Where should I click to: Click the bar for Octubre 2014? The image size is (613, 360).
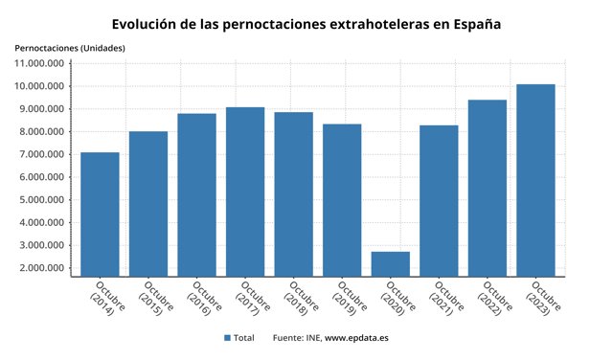pyautogui.click(x=100, y=214)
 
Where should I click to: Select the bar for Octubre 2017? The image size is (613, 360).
pyautogui.click(x=245, y=191)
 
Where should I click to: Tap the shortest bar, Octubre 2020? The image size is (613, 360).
pyautogui.click(x=390, y=263)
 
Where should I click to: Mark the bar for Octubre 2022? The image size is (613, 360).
pyautogui.click(x=487, y=188)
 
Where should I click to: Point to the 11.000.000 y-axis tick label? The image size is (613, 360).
pyautogui.click(x=39, y=63)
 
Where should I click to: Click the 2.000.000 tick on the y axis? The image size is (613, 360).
pyautogui.click(x=41, y=268)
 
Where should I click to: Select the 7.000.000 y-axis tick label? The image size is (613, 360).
pyautogui.click(x=41, y=154)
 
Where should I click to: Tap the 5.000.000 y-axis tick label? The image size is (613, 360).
pyautogui.click(x=41, y=200)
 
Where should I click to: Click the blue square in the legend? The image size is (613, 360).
pyautogui.click(x=228, y=338)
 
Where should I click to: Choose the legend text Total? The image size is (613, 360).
pyautogui.click(x=244, y=338)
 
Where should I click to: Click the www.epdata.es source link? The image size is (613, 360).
pyautogui.click(x=356, y=338)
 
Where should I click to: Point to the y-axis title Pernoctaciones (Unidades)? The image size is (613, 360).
pyautogui.click(x=69, y=48)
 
